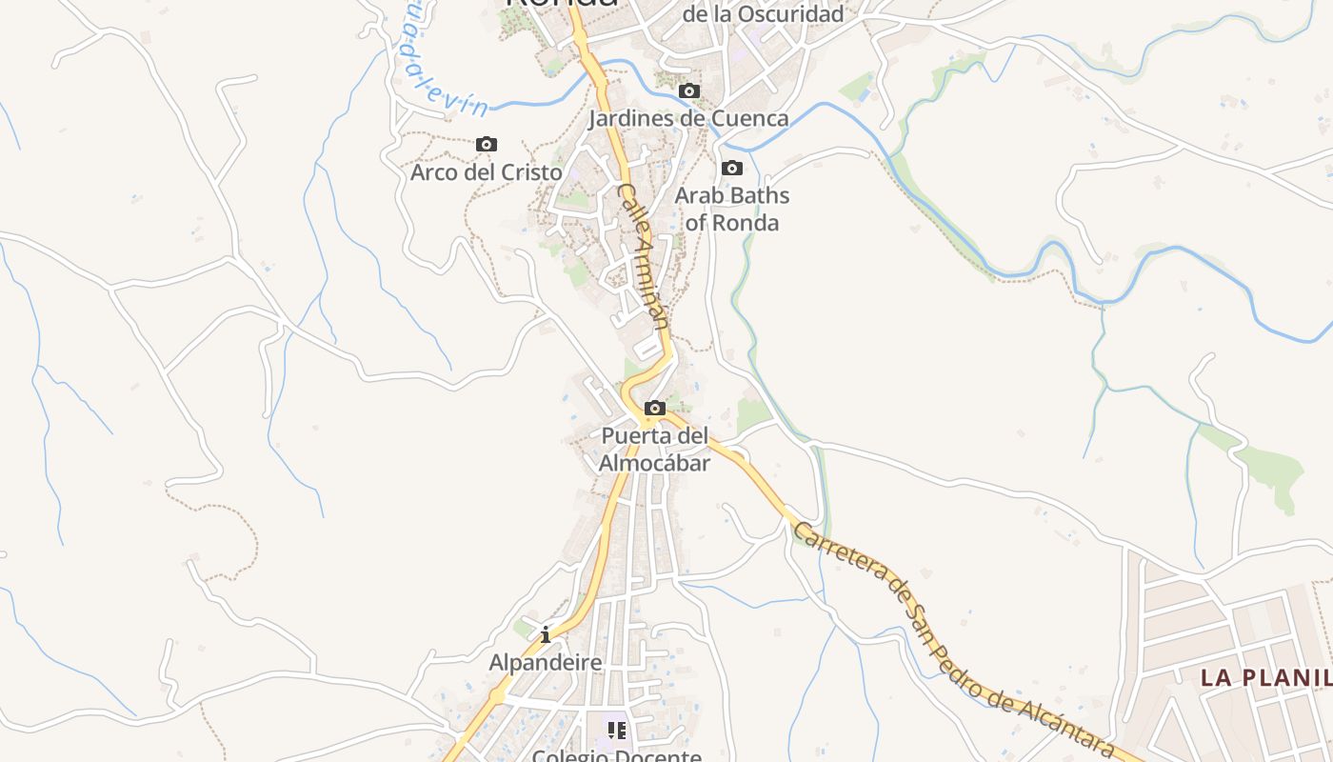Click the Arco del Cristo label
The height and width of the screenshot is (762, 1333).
(487, 172)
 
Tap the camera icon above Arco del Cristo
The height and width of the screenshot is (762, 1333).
(487, 145)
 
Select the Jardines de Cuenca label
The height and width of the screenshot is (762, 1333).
(688, 118)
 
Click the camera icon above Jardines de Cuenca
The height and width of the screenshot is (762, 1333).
(688, 91)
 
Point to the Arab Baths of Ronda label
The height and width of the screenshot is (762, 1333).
(732, 209)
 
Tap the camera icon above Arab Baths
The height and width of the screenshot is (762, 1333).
(732, 169)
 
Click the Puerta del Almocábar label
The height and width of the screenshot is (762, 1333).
(655, 450)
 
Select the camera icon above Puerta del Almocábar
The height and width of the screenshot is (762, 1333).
(655, 409)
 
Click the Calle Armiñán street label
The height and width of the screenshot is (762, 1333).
(643, 257)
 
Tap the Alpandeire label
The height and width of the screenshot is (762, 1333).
(546, 662)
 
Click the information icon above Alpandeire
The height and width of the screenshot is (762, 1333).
(546, 634)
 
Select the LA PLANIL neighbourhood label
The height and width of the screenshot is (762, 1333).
(1265, 677)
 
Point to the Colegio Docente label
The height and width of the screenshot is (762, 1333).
(617, 756)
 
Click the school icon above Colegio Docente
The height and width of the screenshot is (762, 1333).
(617, 731)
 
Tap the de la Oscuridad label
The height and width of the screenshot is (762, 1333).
(764, 14)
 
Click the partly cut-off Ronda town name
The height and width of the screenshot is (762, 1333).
(562, 4)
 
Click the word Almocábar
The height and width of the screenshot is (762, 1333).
(655, 463)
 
